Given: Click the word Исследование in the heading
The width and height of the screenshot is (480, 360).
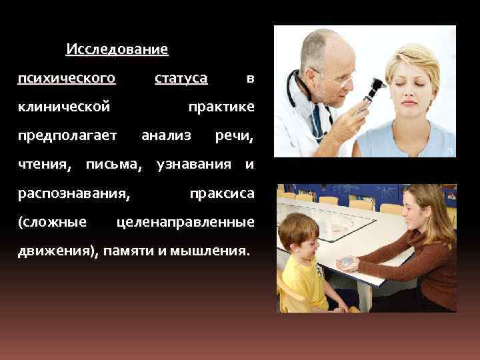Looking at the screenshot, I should pyautogui.click(x=117, y=49).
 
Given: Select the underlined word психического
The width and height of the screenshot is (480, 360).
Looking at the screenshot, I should pyautogui.click(x=67, y=79).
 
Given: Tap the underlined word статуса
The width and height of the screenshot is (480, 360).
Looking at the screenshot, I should pyautogui.click(x=181, y=79).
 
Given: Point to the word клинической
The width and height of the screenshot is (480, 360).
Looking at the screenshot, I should pyautogui.click(x=64, y=107).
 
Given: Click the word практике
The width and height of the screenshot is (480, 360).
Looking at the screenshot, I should pyautogui.click(x=221, y=107).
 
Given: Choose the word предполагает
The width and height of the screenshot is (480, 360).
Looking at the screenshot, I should pyautogui.click(x=68, y=136).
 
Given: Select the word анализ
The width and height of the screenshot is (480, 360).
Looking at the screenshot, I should pyautogui.click(x=166, y=136).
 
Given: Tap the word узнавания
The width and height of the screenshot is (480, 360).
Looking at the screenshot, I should pyautogui.click(x=194, y=164).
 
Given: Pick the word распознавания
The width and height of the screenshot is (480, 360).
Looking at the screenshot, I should pyautogui.click(x=74, y=193).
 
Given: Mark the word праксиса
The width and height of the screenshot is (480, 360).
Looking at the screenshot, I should pyautogui.click(x=221, y=193).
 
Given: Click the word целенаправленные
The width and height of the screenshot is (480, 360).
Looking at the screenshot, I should pyautogui.click(x=185, y=222).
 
